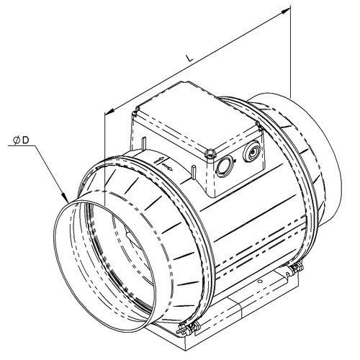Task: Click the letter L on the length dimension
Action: coord(189,58)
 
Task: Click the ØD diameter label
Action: coord(22,140)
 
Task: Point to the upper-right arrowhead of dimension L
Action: coord(286,10)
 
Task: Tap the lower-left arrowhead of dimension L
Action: coord(109,111)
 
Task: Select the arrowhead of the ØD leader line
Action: coord(65,197)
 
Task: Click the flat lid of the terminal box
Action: coord(195,116)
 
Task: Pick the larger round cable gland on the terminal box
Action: coord(251,152)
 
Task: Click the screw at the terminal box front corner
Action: coord(210,153)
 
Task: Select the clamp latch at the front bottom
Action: coord(187,328)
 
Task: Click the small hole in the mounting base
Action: coord(260,282)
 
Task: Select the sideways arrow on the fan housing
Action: coord(167,167)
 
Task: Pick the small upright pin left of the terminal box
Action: coord(144,144)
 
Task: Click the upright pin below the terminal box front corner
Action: coord(194,172)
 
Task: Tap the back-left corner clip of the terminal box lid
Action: coord(138,111)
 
